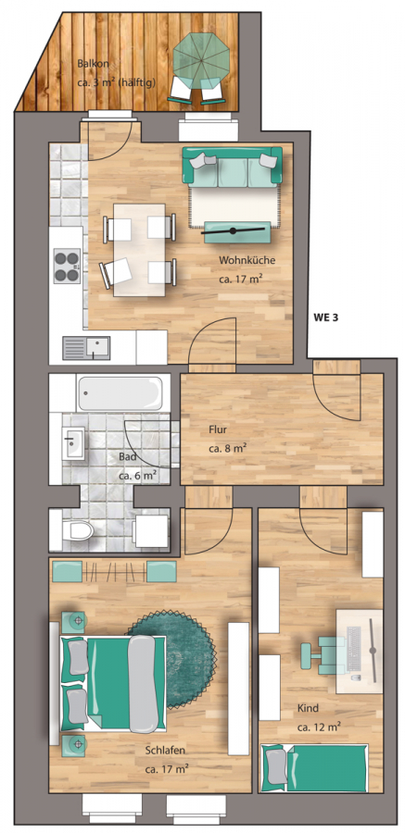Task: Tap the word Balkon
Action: click(x=93, y=64)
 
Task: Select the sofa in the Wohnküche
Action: click(x=232, y=168)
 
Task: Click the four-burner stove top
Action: click(x=67, y=266)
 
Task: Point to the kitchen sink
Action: click(x=86, y=349)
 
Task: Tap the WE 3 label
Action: click(x=326, y=318)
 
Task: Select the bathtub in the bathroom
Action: click(x=120, y=393)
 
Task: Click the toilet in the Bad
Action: click(x=78, y=529)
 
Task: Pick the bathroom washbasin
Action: click(x=73, y=442)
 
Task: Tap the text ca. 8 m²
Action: click(x=227, y=448)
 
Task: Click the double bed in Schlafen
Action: click(x=113, y=683)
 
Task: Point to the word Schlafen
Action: click(x=166, y=751)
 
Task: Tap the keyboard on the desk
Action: click(x=353, y=649)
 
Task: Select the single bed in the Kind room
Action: click(x=314, y=768)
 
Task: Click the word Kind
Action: click(x=308, y=708)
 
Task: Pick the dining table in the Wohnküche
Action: click(x=139, y=250)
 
